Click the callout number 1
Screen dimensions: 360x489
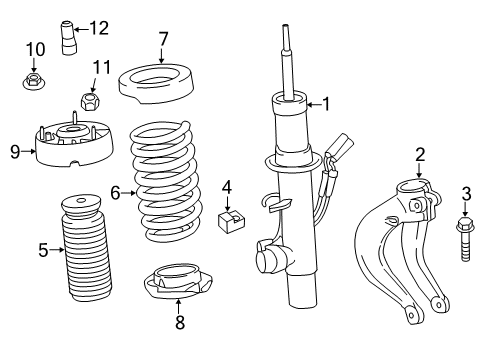tap(324, 102)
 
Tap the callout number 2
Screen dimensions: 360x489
tap(420, 153)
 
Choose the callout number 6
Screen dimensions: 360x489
tap(115, 192)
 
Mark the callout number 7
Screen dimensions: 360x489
tap(162, 39)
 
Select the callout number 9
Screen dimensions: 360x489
tap(14, 152)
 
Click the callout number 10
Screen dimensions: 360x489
tap(35, 49)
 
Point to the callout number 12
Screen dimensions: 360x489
tap(98, 27)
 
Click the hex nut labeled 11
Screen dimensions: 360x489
tap(88, 100)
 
